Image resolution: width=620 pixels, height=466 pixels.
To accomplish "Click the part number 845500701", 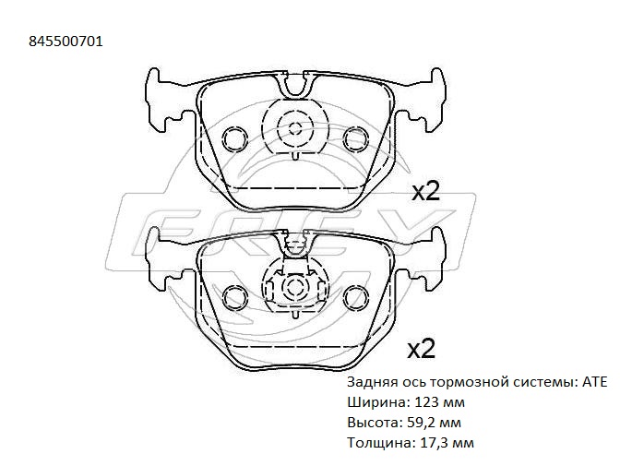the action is [66, 42].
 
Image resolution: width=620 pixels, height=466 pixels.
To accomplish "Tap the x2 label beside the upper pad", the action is [426, 193].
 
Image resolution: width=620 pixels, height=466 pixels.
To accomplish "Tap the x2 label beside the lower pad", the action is [422, 350].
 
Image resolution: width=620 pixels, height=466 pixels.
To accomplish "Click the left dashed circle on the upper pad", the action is [235, 138].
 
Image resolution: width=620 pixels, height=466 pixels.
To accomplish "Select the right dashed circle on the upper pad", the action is [355, 138].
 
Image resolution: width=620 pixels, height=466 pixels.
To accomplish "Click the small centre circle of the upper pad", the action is [295, 128].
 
